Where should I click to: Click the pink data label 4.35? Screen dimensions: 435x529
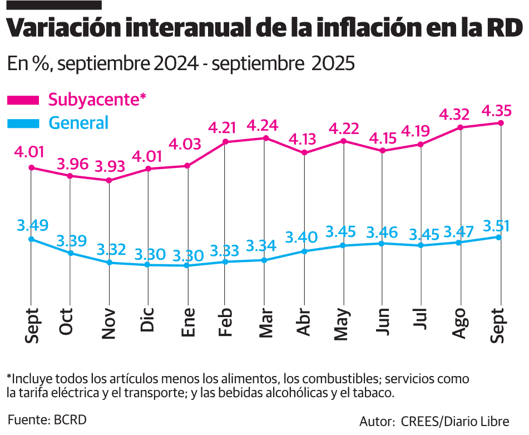coord(497,110)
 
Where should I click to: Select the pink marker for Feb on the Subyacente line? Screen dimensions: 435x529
coord(225,142)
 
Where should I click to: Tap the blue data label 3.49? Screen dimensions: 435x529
coord(32,226)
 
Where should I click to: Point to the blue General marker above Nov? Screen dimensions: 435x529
coord(109,263)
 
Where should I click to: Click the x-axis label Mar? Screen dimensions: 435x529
coord(266,323)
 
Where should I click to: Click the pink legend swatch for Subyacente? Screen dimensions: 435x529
coord(23,100)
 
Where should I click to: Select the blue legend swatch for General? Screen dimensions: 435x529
coord(23,122)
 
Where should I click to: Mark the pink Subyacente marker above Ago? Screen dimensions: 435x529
coord(460,127)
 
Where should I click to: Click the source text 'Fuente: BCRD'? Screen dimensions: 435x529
coord(47,419)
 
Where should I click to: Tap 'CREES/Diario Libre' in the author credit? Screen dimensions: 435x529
coord(454,421)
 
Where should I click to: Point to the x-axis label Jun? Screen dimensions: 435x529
coord(382,321)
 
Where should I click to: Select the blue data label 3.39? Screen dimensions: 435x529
coord(71,241)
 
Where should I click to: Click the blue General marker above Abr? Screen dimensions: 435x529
coord(304,251)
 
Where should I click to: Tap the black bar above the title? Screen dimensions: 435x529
coord(54,4)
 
